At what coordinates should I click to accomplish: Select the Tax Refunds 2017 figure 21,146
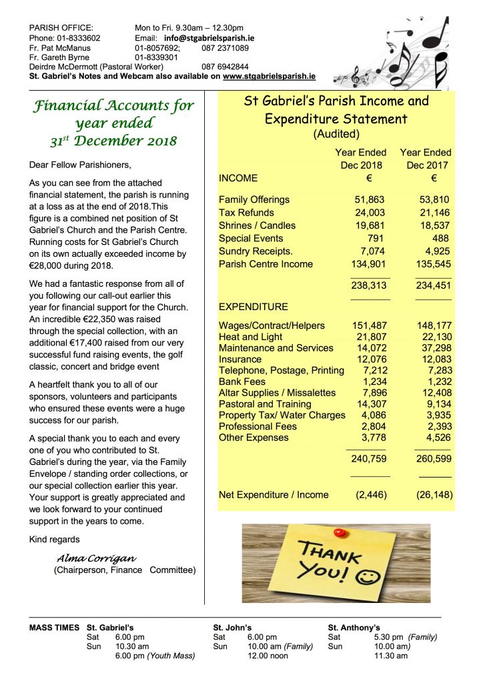pos(432,213)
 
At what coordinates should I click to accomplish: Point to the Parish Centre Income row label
pos(266,264)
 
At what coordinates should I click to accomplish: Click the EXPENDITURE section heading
pos(254,307)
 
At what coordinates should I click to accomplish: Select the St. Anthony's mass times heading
pos(354,628)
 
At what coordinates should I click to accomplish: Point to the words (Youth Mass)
pos(171,656)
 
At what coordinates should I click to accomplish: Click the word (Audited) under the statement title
pos(336,134)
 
